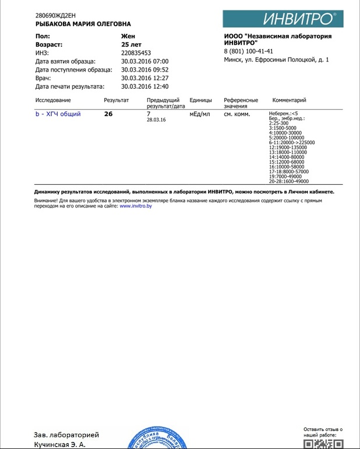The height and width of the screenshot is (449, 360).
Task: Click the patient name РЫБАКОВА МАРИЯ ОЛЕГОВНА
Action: pyautogui.click(x=83, y=24)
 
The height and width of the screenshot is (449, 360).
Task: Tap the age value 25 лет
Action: pyautogui.click(x=131, y=44)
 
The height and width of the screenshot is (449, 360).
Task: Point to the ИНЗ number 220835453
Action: pyautogui.click(x=136, y=52)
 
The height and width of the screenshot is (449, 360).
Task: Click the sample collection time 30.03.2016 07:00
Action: pyautogui.click(x=144, y=61)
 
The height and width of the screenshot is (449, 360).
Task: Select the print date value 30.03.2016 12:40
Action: pyautogui.click(x=144, y=86)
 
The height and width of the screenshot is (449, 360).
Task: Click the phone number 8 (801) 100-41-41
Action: pyautogui.click(x=249, y=51)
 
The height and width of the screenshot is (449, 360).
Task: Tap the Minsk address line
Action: pyautogui.click(x=276, y=59)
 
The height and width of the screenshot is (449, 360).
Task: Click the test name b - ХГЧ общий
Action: pyautogui.click(x=58, y=114)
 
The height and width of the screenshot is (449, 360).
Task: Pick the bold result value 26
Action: pyautogui.click(x=108, y=114)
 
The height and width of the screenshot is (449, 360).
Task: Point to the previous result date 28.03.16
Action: pyautogui.click(x=156, y=120)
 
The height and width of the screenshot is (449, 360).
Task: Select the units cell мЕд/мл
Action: pyautogui.click(x=200, y=114)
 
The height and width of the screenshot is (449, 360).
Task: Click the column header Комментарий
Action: pyautogui.click(x=289, y=100)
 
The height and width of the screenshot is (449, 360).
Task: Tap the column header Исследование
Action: pyautogui.click(x=53, y=100)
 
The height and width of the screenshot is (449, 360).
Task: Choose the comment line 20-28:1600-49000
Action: pyautogui.click(x=289, y=181)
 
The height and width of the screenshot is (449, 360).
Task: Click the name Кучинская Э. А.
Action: pyautogui.click(x=59, y=444)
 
